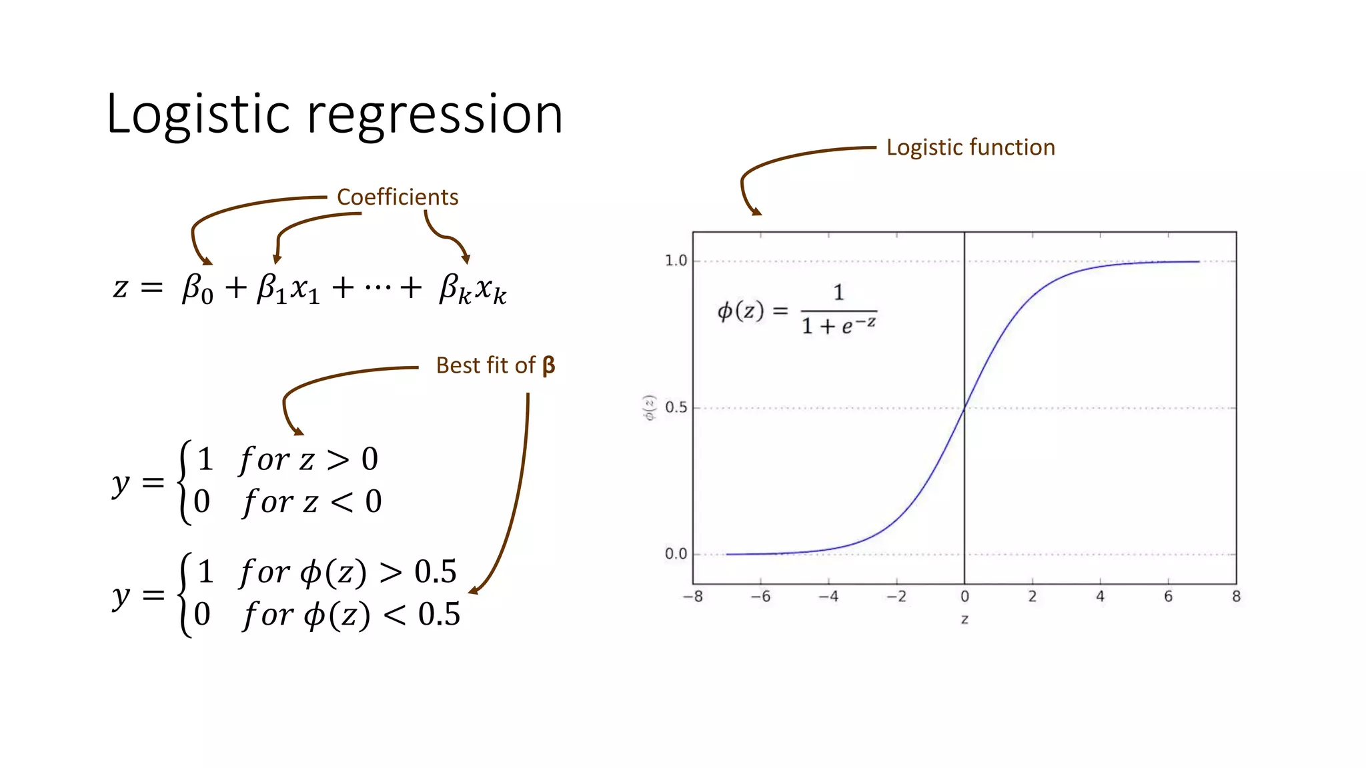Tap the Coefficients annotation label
(398, 197)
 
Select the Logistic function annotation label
(970, 147)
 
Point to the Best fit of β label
(495, 365)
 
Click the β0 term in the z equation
(198, 289)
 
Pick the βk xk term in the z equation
(472, 289)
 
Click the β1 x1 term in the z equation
(288, 289)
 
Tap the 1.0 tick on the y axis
(676, 261)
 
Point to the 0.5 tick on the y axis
(676, 407)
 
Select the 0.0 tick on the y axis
(676, 554)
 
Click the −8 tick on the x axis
(693, 597)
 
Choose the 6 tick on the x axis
(1168, 597)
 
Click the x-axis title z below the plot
(964, 619)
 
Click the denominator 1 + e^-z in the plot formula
(838, 326)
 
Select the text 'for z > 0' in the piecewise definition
(309, 459)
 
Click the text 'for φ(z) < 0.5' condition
(352, 615)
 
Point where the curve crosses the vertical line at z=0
(964, 408)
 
